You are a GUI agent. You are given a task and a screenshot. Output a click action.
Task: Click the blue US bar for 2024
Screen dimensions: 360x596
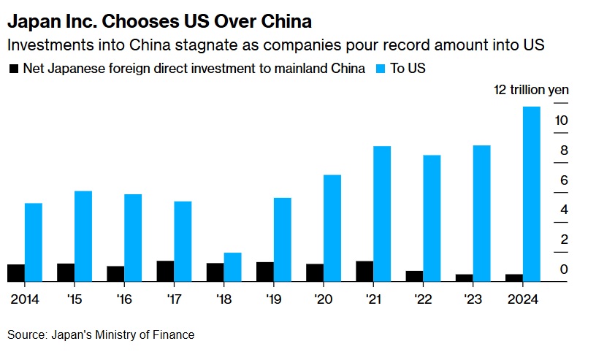pyautogui.click(x=532, y=194)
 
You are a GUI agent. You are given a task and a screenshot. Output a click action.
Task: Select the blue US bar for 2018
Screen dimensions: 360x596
pyautogui.click(x=232, y=267)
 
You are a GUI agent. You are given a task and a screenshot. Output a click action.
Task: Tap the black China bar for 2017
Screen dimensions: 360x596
pyautogui.click(x=165, y=271)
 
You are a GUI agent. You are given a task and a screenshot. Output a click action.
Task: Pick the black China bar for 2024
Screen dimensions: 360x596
pyautogui.click(x=514, y=277)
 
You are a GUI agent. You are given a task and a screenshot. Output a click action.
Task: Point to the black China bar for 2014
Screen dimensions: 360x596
pyautogui.click(x=16, y=272)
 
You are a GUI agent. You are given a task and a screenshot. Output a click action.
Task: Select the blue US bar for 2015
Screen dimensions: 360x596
pyautogui.click(x=83, y=236)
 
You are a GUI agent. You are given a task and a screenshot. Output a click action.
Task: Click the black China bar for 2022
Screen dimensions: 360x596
pyautogui.click(x=414, y=276)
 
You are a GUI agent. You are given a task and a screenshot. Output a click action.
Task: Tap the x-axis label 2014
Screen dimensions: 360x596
pyautogui.click(x=25, y=300)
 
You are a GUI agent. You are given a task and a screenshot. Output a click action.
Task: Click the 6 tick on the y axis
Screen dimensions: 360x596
pyautogui.click(x=563, y=180)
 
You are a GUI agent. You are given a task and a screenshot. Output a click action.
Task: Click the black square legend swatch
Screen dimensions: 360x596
pyautogui.click(x=12, y=69)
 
